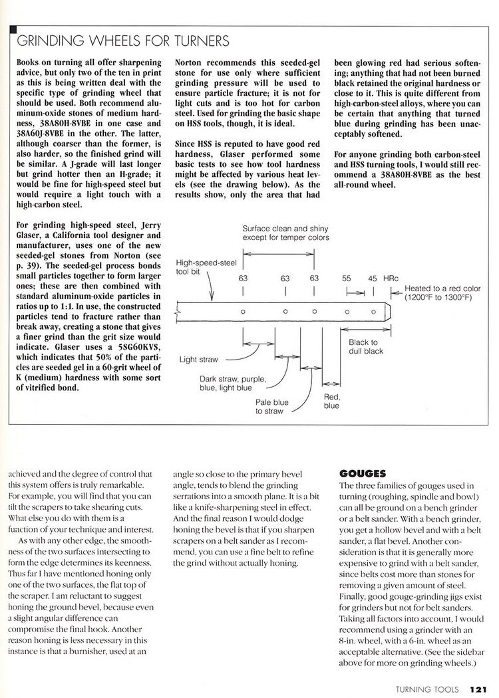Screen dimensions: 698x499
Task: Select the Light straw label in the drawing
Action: [198, 360]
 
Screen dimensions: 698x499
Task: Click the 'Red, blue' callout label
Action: [332, 401]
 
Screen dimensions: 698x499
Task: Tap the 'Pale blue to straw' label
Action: [272, 407]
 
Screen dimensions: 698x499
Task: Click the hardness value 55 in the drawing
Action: [347, 279]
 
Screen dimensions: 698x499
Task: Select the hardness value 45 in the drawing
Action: [372, 279]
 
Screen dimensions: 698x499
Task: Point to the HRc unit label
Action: [391, 279]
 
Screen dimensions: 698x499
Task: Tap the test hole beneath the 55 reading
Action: [347, 311]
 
